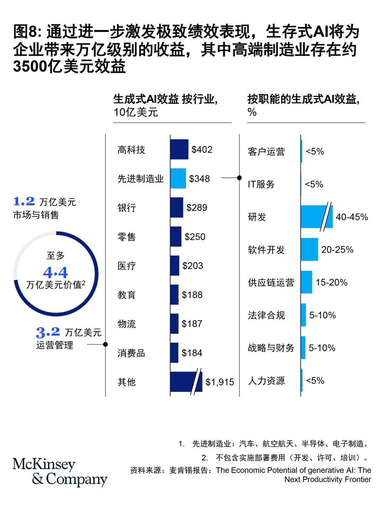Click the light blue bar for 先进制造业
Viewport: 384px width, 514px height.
178,178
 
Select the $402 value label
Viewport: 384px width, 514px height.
202,150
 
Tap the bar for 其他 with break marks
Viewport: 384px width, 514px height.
186,382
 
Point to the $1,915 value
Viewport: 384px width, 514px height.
220,382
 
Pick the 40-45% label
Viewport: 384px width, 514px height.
352,217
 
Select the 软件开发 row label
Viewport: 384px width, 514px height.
266,250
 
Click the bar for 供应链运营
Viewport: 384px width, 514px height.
306,282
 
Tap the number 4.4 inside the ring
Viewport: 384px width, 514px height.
55,273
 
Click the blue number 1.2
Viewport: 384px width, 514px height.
24,202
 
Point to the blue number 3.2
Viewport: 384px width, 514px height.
48,332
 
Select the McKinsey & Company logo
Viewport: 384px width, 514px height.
60,472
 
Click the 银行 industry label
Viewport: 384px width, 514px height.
127,208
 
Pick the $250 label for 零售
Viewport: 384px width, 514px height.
195,237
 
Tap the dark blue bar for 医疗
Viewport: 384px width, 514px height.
175,266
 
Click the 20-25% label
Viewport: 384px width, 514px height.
337,250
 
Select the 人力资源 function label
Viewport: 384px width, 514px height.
266,381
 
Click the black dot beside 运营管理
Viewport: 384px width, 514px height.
105,344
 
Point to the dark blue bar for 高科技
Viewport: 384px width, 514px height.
179,149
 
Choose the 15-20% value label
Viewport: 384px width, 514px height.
331,283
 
